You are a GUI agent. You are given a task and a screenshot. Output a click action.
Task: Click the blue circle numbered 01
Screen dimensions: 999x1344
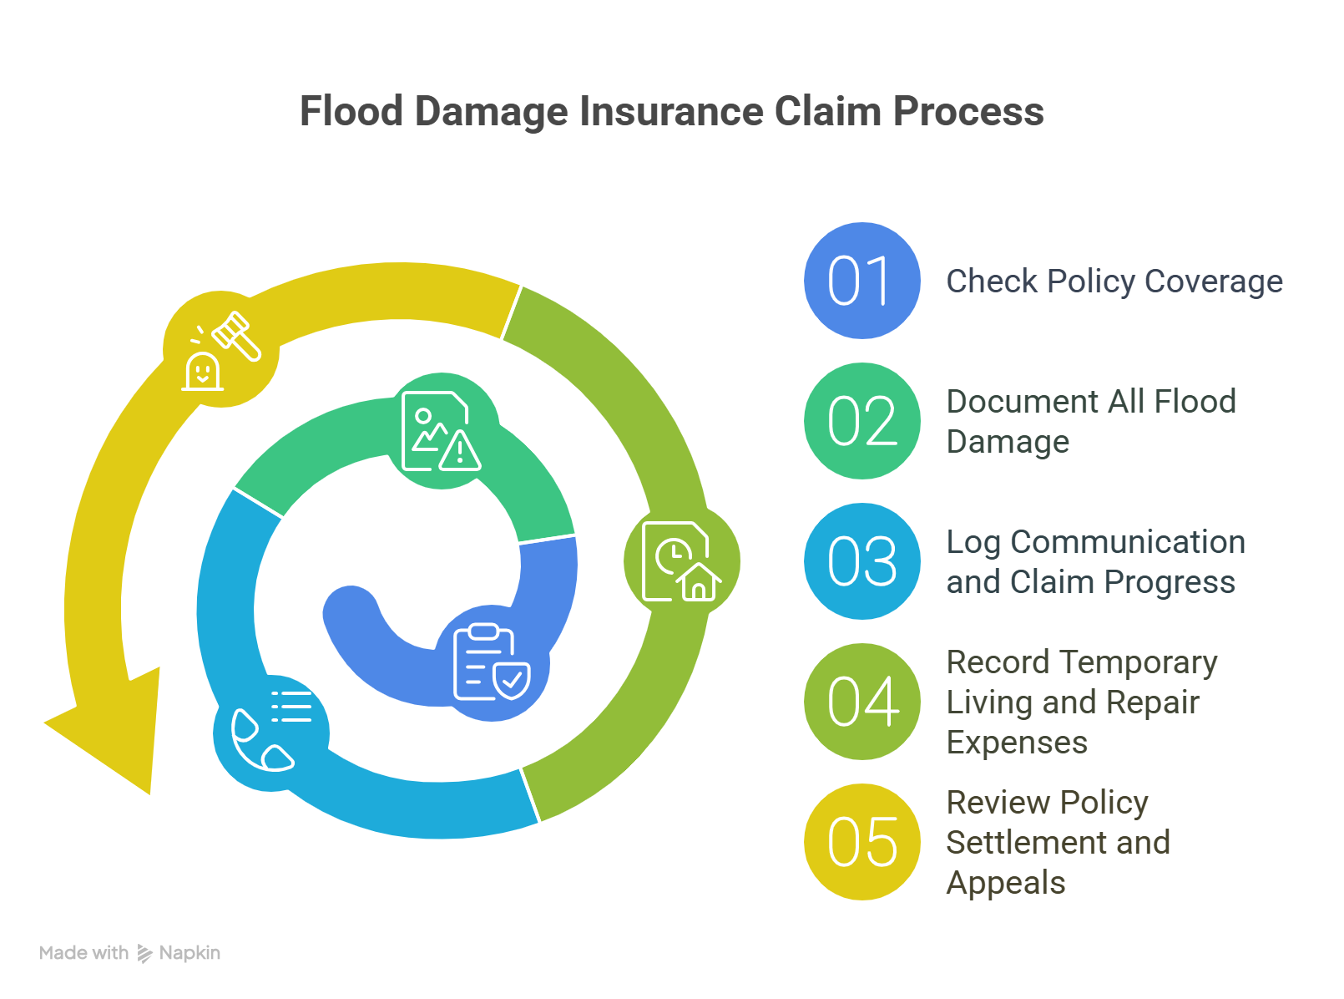tap(861, 281)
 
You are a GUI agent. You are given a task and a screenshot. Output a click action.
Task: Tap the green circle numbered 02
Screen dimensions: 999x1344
tap(861, 421)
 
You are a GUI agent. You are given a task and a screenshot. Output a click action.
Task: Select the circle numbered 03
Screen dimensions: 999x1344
tap(861, 561)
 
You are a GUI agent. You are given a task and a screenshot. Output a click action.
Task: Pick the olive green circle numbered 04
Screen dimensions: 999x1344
tap(861, 702)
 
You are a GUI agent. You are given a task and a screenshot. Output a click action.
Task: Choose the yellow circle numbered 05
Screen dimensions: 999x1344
tap(861, 842)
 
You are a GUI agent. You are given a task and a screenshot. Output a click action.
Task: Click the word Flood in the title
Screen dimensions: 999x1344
tap(351, 112)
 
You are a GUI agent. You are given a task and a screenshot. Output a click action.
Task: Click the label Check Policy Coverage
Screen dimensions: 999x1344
tap(1114, 281)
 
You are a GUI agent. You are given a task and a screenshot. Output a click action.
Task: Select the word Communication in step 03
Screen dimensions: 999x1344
tap(1127, 542)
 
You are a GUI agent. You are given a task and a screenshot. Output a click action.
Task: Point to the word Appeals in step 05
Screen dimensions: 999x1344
tap(1005, 883)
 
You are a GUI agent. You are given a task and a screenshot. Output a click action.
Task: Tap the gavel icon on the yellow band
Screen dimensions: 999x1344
tap(221, 350)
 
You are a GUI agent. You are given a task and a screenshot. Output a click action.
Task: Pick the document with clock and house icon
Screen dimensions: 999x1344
tap(680, 561)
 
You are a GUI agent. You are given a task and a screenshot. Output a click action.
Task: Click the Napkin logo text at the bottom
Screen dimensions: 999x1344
tap(189, 953)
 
